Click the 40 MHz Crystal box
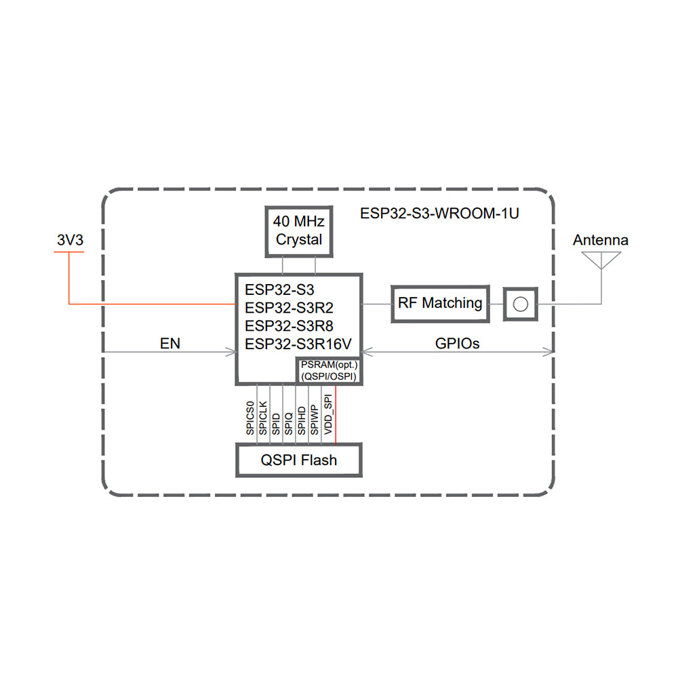tap(299, 231)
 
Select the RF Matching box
tap(440, 303)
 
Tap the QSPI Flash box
tap(298, 460)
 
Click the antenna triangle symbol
tap(601, 260)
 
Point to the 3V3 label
tap(68, 240)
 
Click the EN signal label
tap(169, 344)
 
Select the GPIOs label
tap(457, 344)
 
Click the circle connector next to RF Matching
tap(520, 303)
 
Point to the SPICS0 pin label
tap(250, 418)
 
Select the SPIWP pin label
tap(314, 419)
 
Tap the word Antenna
tap(600, 240)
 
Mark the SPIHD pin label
tap(301, 419)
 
